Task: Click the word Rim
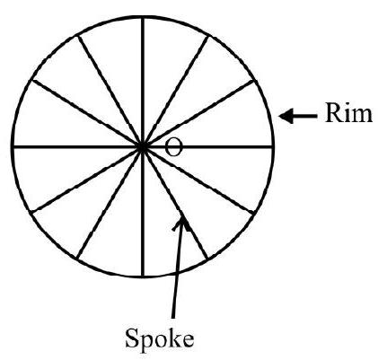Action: click(x=348, y=113)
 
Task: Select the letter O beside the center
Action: click(x=173, y=147)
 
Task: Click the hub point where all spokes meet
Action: click(x=143, y=147)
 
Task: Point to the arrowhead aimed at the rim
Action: click(x=286, y=116)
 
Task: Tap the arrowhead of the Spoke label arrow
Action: click(x=180, y=223)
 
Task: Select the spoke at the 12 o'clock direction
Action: click(x=143, y=82)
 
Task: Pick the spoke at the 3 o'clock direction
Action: click(x=207, y=146)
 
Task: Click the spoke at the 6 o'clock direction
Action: click(x=143, y=211)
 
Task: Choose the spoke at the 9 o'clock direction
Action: click(x=77, y=146)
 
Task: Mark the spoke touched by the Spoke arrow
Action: click(x=175, y=203)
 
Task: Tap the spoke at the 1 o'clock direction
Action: click(x=175, y=92)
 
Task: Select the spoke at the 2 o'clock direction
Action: click(x=198, y=113)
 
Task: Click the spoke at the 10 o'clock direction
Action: click(x=87, y=113)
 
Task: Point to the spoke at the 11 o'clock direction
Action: click(x=110, y=92)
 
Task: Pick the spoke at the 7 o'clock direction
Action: click(x=110, y=203)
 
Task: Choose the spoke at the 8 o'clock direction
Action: click(x=87, y=180)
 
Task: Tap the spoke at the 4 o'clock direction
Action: click(x=199, y=180)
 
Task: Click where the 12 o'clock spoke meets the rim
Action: click(x=143, y=17)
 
